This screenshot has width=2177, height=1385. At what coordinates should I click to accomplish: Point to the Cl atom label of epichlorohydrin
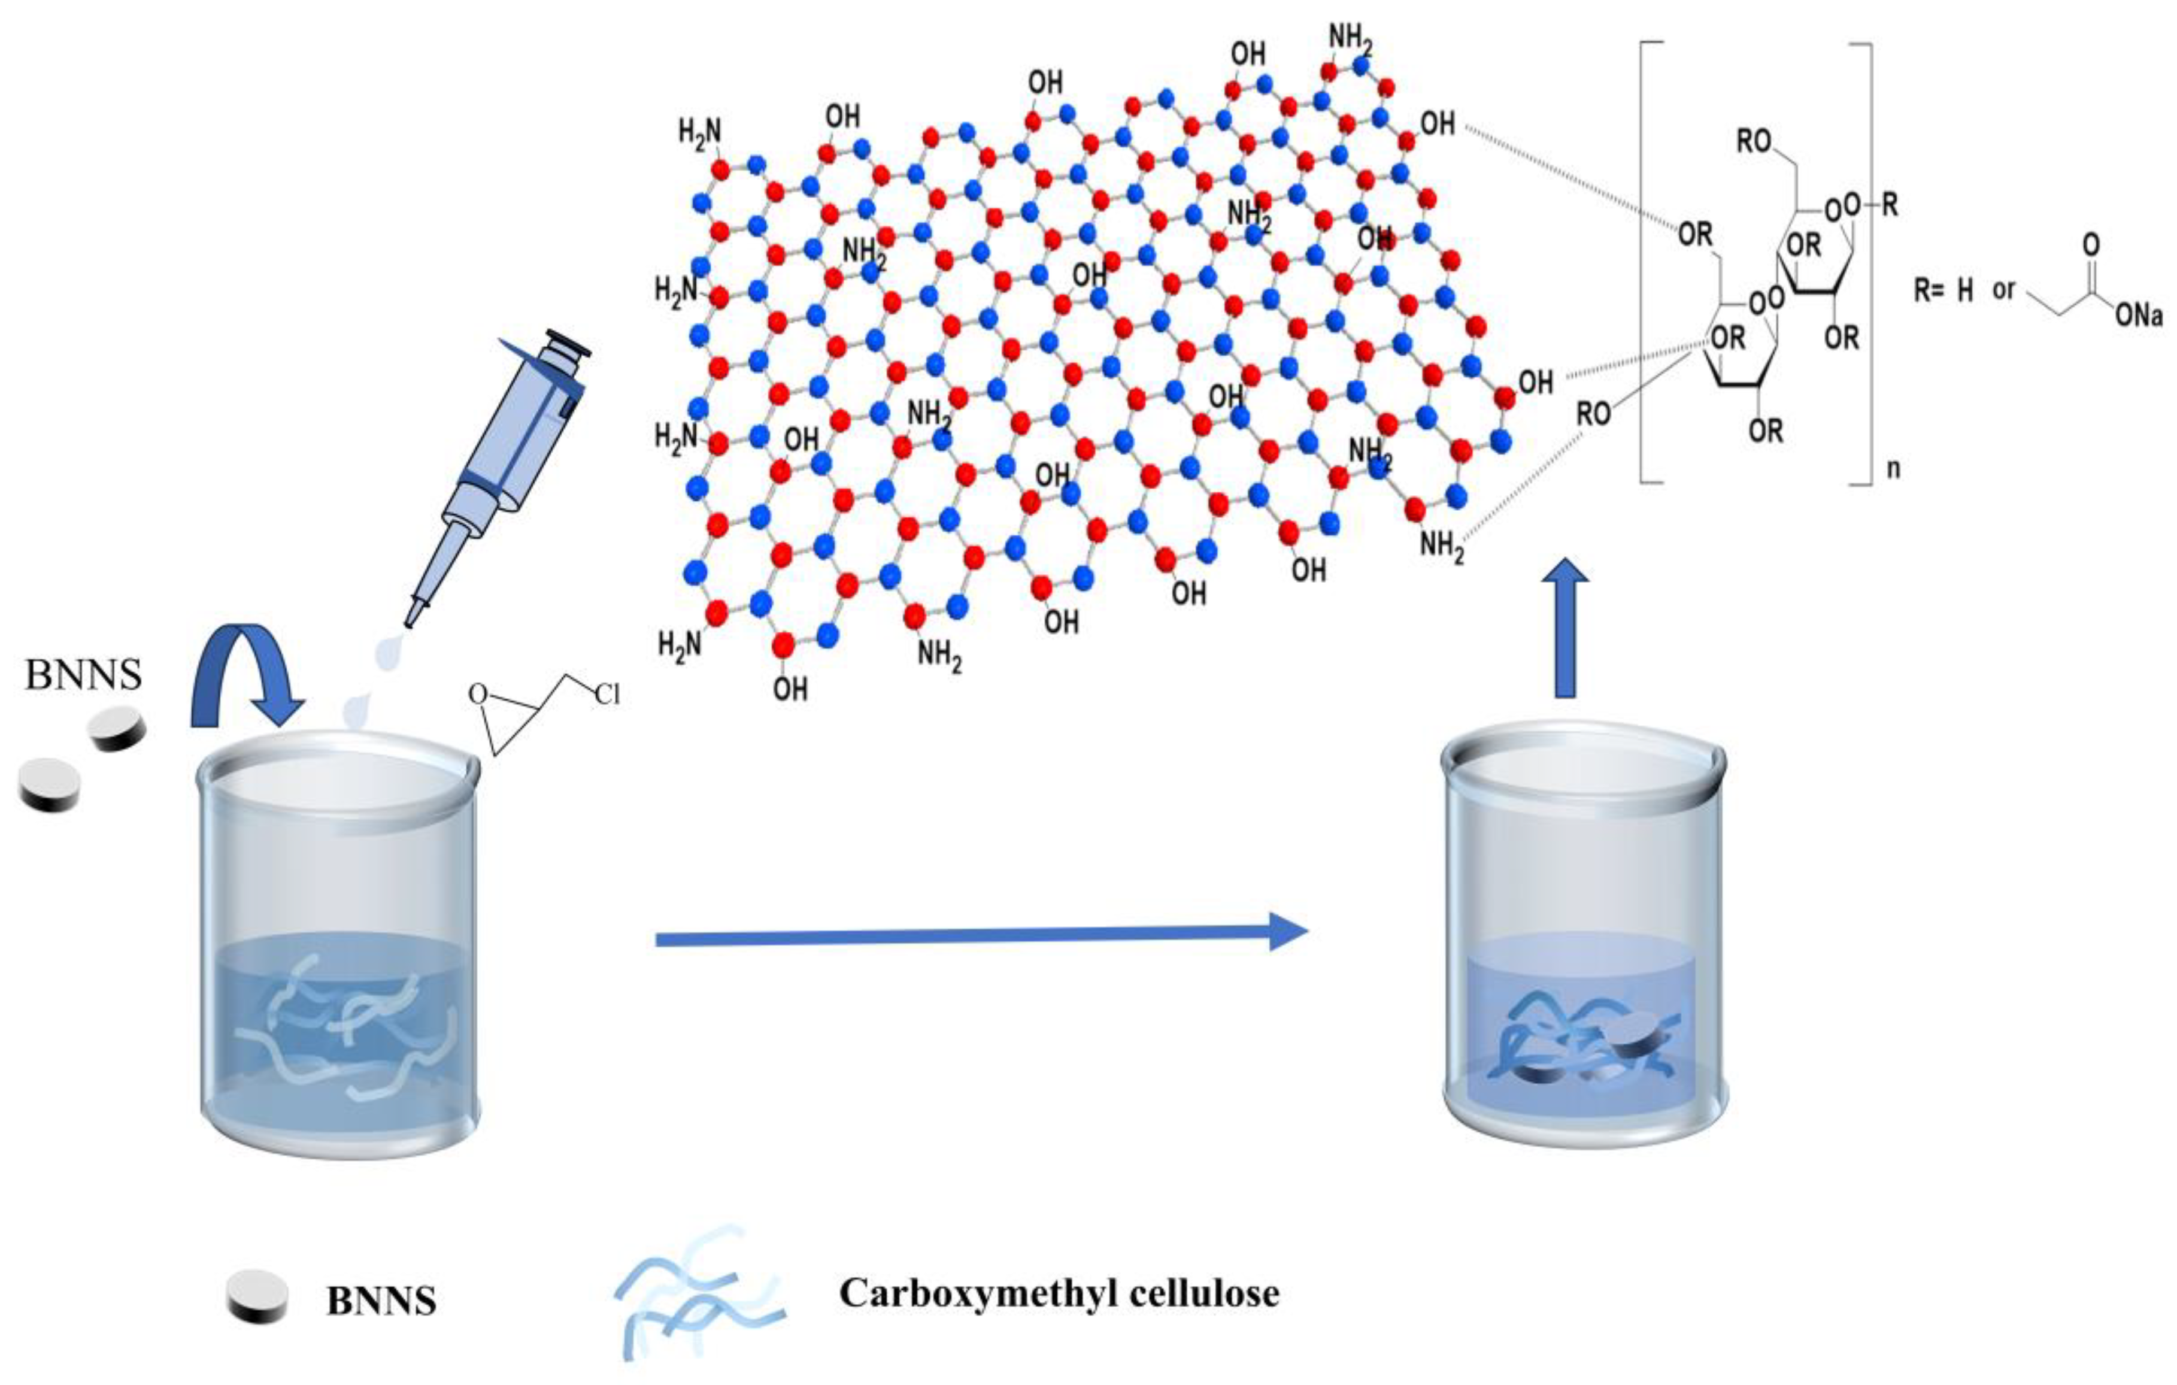coord(607,695)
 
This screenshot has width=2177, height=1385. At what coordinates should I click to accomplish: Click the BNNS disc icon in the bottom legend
coord(257,1298)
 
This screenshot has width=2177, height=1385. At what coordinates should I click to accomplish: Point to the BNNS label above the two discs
coord(83,674)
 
